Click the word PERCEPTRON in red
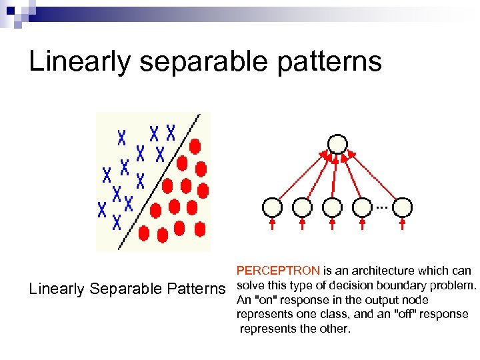tap(278, 271)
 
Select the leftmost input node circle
tap(272, 207)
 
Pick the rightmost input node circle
tap(403, 207)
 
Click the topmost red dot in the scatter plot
tap(195, 145)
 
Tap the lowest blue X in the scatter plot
tap(117, 221)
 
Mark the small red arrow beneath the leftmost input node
tap(272, 224)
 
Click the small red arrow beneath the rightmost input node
tap(403, 224)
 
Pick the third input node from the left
tap(331, 207)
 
